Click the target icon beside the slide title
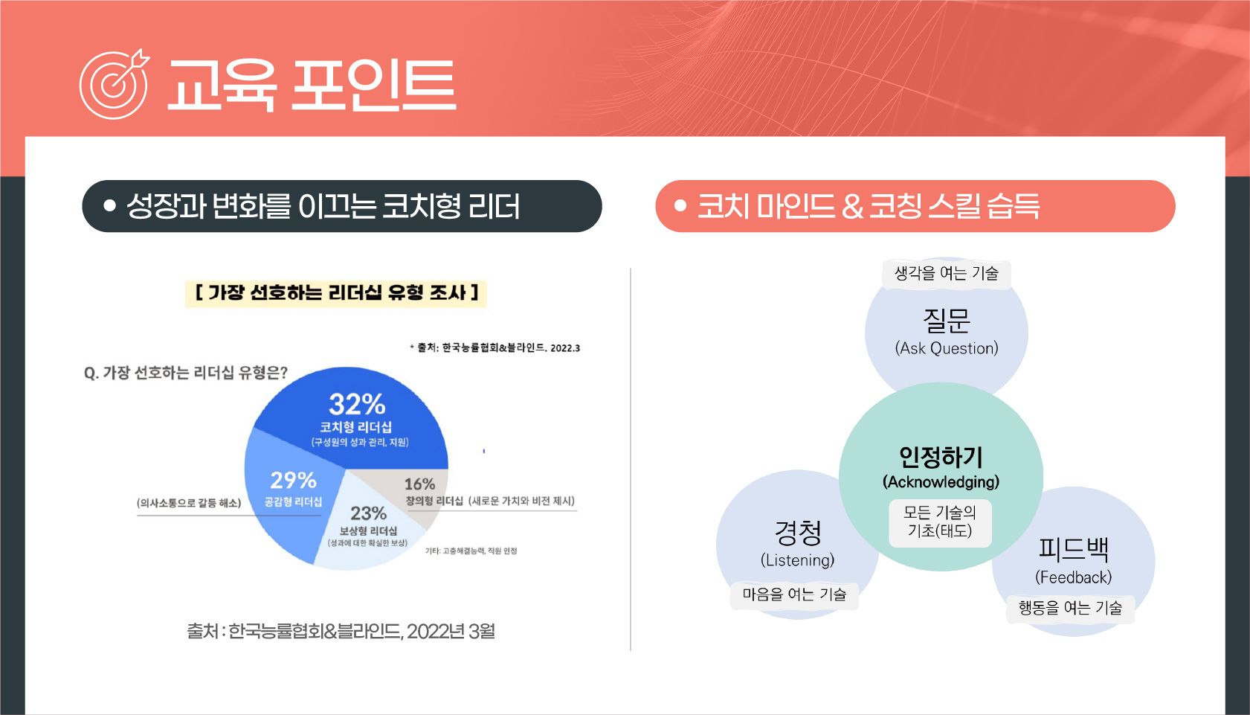tap(114, 84)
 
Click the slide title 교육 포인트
tap(312, 85)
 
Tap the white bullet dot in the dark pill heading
tap(110, 206)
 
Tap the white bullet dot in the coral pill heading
tap(680, 206)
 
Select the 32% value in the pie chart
tap(357, 405)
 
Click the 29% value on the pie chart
tap(293, 480)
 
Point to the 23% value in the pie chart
tap(368, 513)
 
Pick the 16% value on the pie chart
tap(419, 484)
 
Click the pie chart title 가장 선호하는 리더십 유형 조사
tap(336, 292)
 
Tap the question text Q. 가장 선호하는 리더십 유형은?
tap(186, 373)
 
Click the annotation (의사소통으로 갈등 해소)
tap(189, 503)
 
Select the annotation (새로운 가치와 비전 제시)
tap(521, 501)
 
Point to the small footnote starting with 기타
tap(471, 551)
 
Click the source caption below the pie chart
tap(341, 631)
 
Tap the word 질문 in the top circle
tap(946, 320)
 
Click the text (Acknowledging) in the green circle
tap(941, 482)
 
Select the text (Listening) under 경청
tap(797, 560)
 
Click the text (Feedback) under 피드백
tap(1073, 577)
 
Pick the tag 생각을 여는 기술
tap(946, 273)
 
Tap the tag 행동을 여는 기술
tap(1070, 608)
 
